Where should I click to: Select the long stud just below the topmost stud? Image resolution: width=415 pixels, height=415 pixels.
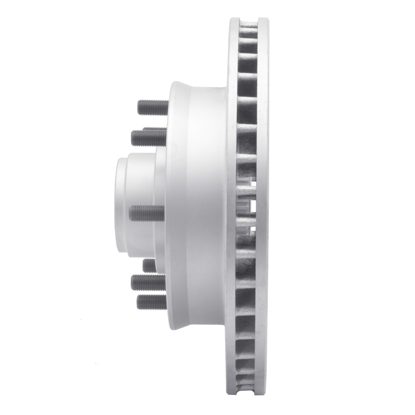(148, 137)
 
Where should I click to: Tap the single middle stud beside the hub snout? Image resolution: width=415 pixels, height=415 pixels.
(146, 213)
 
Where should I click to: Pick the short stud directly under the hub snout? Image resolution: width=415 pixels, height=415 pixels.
(149, 265)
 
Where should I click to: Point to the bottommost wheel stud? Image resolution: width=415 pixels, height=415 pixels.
(151, 302)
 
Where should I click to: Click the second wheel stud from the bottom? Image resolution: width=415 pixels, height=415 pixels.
(148, 282)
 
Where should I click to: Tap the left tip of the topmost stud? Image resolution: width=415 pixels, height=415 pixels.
(139, 107)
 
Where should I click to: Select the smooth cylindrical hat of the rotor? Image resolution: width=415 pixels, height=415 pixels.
(200, 208)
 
